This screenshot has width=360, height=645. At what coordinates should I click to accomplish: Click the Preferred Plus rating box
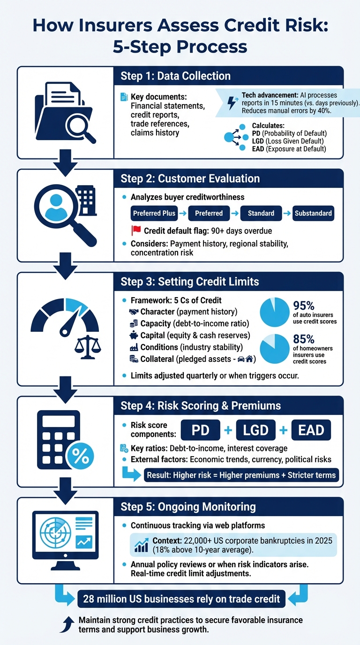pos(154,213)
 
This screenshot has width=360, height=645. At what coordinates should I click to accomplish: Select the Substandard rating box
pos(313,213)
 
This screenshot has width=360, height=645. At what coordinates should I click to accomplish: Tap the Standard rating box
pos(261,213)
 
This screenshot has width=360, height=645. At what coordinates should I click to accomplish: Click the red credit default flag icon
pos(136,231)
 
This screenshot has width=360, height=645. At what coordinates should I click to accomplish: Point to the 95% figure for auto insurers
pos(303,306)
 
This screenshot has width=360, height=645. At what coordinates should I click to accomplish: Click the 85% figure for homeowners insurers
pos(303,339)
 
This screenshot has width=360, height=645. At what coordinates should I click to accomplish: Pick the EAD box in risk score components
pos(311,430)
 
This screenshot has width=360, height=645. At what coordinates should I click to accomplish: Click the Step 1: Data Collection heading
pos(175,76)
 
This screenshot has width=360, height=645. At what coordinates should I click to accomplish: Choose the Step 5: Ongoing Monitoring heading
pos(188,507)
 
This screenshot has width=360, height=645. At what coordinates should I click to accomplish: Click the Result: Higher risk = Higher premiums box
pos(241,475)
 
